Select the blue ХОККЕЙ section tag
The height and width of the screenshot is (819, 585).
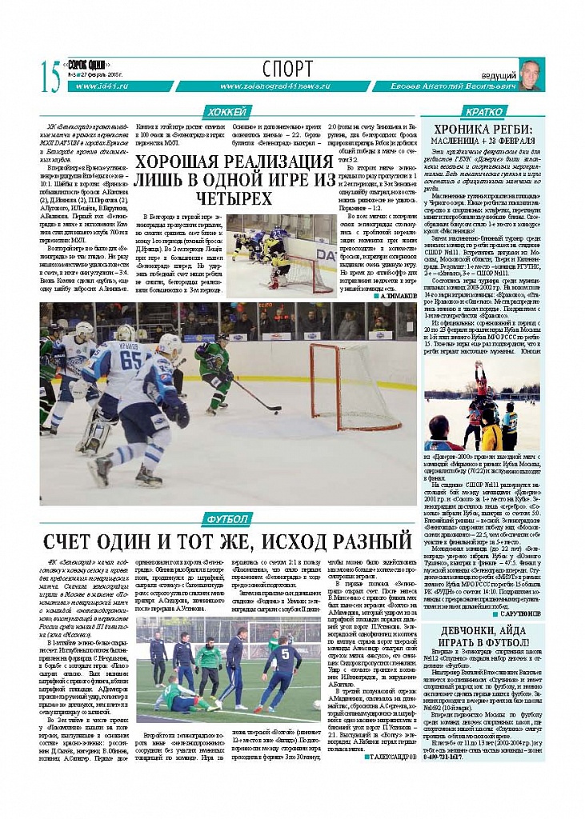pos(227,112)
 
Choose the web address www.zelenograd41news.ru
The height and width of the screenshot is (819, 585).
pos(274,86)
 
